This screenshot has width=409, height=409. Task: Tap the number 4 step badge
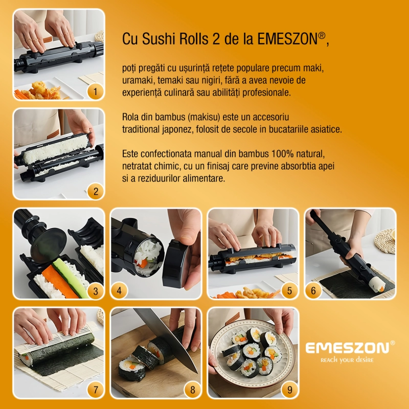tap(119, 291)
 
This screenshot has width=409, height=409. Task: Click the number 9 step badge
tap(289, 390)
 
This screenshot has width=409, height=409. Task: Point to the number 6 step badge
tap(313, 291)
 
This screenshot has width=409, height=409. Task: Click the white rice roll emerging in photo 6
tap(377, 284)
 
